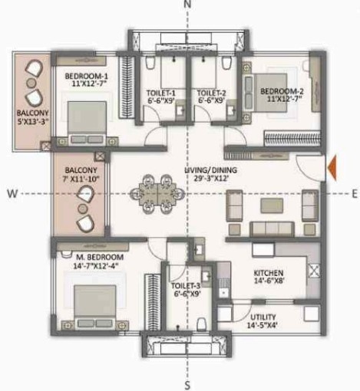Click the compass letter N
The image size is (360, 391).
187,5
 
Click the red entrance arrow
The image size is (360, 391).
330,167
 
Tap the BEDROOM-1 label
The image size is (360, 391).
86,76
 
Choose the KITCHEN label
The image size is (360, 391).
269,273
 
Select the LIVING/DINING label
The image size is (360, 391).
208,170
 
